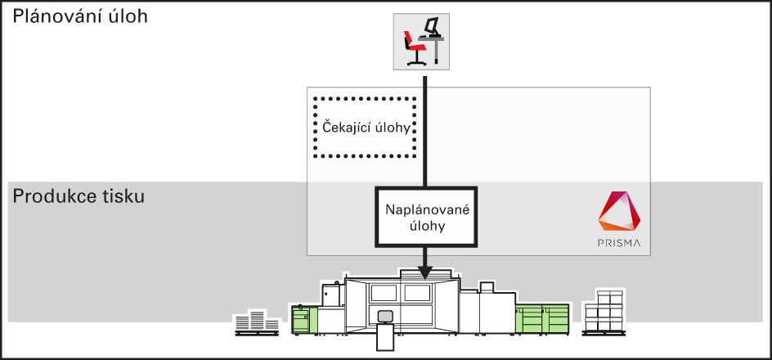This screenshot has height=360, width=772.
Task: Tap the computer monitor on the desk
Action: point(431,25)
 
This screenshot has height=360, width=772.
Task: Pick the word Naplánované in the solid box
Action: point(427,210)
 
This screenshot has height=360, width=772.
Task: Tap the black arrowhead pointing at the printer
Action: point(425,272)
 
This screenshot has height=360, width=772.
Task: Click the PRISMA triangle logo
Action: point(619,212)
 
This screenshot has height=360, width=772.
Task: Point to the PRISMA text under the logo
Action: point(619,242)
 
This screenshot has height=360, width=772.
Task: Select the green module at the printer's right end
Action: point(542,318)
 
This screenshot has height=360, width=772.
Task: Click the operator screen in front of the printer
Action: point(384,316)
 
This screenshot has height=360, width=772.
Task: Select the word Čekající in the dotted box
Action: point(344,128)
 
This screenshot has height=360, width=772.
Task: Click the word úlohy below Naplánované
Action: point(427,227)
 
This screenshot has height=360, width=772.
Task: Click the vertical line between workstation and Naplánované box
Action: point(425,131)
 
